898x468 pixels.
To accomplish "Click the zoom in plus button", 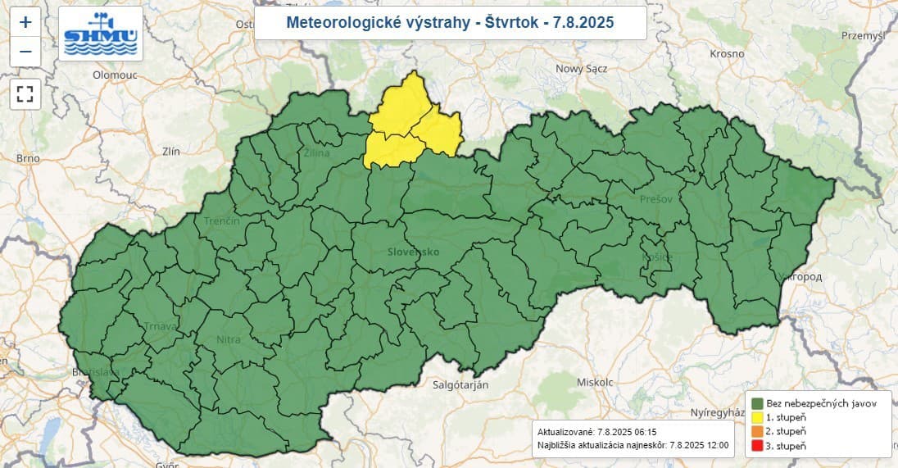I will point(25,22).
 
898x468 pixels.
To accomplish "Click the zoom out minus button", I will point(25,52).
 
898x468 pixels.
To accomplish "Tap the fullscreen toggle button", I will point(25,93).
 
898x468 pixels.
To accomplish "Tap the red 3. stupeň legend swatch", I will point(757,446).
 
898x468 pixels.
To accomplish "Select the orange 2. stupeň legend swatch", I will point(757,432).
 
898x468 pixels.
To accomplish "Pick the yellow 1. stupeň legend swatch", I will point(757,418).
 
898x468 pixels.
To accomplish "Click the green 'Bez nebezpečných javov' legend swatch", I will point(757,403).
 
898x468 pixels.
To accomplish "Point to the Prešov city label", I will point(656,198).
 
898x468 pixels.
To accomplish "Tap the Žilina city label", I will point(317,153).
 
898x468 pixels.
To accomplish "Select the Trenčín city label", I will point(223,221).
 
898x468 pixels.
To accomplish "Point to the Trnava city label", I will point(161,326).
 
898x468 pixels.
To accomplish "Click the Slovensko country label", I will point(415,252).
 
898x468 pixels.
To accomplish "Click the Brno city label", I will point(28,157).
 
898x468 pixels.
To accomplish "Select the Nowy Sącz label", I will point(581,69).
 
